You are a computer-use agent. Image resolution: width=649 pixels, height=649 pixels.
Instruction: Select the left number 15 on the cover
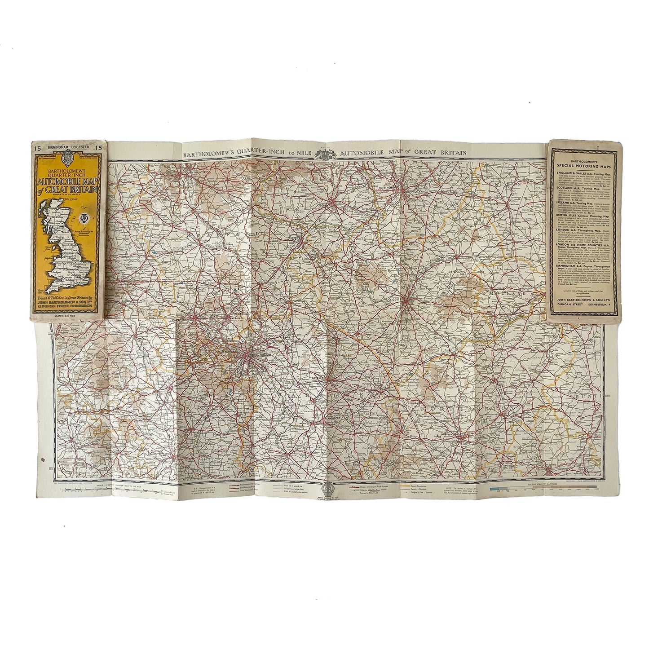pyautogui.click(x=35, y=145)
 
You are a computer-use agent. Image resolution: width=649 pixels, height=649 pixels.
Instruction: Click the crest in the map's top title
pyautogui.click(x=324, y=154)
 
